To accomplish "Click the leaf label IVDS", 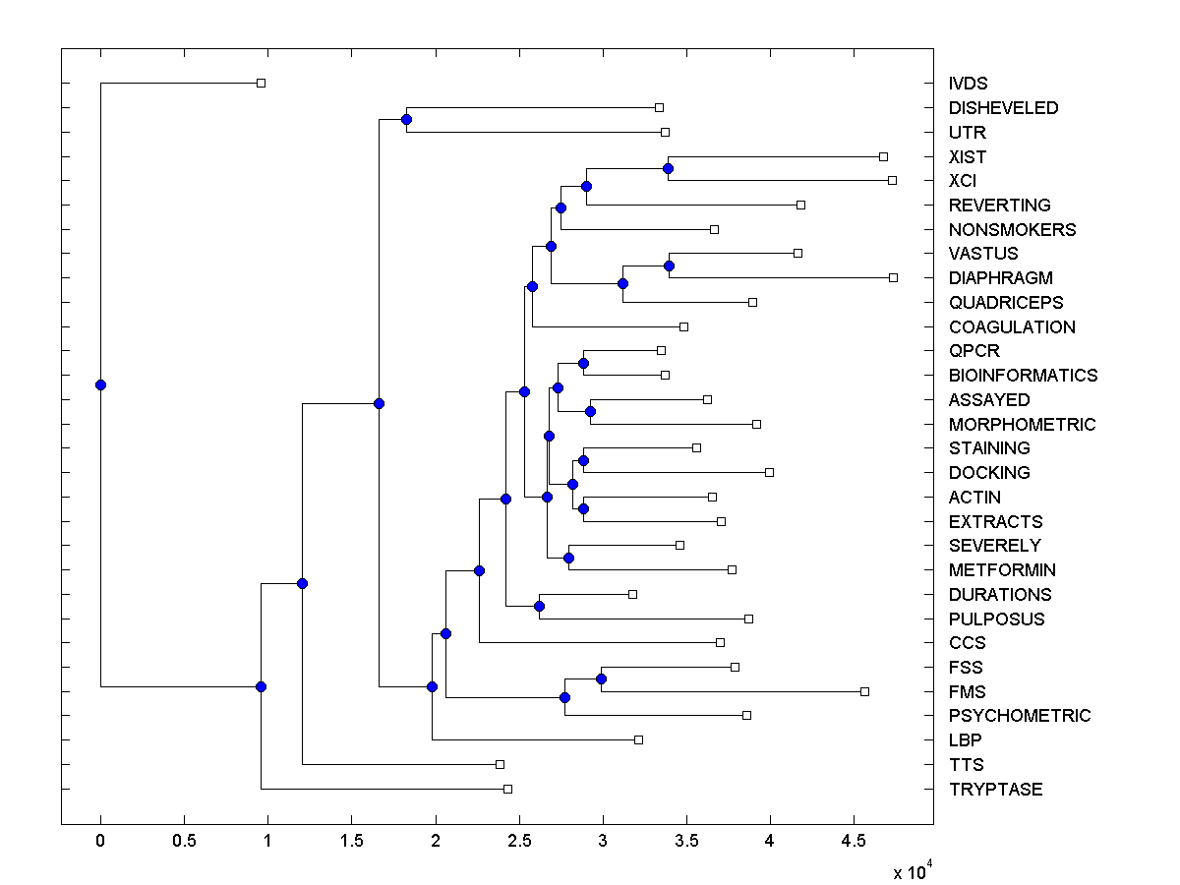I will click(968, 84).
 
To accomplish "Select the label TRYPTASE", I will click(995, 790).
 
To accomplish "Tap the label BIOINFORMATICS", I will click(1023, 376).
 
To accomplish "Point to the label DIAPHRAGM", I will click(1000, 278).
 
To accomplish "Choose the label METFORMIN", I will click(1002, 570).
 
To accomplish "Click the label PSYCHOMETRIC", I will click(1020, 716).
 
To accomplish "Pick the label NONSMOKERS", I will click(1012, 230).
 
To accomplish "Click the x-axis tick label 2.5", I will click(518, 842).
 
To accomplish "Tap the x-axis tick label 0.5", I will click(184, 842).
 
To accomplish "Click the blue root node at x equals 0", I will click(100, 384).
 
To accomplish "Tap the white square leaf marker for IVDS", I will click(261, 84).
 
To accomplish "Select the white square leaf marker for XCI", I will click(892, 181).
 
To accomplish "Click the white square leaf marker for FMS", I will click(864, 691).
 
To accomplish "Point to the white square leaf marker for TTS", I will click(500, 764).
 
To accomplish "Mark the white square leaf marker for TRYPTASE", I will click(507, 789).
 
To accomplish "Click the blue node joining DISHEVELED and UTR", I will click(406, 119).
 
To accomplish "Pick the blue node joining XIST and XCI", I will click(668, 168).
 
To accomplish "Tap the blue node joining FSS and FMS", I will click(601, 678).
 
